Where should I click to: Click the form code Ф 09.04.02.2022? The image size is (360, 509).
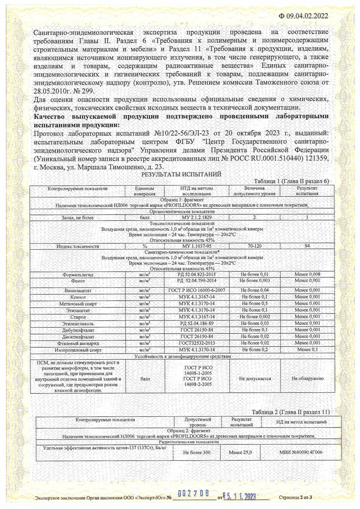[303, 16]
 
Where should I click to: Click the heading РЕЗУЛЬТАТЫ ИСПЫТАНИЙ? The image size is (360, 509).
[181, 174]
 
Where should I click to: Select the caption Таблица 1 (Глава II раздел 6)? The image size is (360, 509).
[291, 181]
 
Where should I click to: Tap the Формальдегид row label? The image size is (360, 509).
[78, 275]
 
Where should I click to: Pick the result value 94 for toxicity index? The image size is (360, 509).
[307, 246]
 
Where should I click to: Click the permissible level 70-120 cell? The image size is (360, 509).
[255, 246]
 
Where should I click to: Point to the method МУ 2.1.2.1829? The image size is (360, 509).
[197, 217]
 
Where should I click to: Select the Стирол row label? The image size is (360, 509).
[78, 317]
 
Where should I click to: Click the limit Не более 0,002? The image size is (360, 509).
[255, 317]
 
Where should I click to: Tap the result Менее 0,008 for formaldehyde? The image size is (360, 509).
[307, 274]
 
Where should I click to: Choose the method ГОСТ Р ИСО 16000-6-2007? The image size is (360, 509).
[197, 290]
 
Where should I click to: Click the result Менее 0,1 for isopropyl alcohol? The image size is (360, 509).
[307, 350]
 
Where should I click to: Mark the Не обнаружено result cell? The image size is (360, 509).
[307, 379]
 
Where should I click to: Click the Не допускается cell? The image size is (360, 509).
[255, 379]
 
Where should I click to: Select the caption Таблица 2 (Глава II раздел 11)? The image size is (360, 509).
[291, 412]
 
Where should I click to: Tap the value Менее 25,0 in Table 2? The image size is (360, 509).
[240, 452]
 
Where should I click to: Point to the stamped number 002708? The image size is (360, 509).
[193, 494]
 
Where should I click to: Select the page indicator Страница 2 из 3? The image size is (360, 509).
[295, 497]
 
